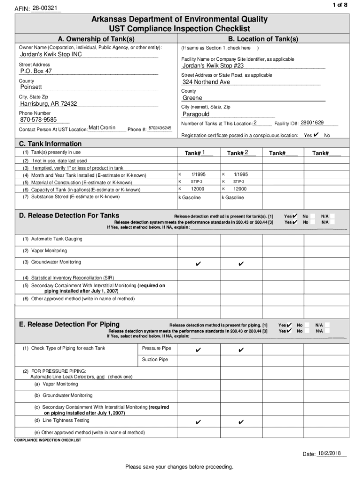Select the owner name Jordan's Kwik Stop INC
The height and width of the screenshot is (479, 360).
click(x=50, y=54)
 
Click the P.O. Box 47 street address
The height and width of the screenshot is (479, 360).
click(x=36, y=71)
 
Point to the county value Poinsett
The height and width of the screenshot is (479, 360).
click(x=31, y=87)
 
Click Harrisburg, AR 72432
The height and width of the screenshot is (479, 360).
click(x=48, y=103)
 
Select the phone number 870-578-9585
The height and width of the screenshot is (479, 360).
click(x=38, y=120)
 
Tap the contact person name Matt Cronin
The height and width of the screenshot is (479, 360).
click(x=101, y=128)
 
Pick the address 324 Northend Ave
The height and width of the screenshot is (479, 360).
click(x=206, y=82)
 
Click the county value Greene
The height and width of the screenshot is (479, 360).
click(x=192, y=98)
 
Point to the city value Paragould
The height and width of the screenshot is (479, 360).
click(x=196, y=114)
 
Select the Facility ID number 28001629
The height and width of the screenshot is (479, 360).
click(x=312, y=123)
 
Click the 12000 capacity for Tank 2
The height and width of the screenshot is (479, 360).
click(x=240, y=189)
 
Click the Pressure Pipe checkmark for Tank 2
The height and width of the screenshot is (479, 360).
click(x=241, y=350)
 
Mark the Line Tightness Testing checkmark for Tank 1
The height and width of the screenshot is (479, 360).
click(x=198, y=422)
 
